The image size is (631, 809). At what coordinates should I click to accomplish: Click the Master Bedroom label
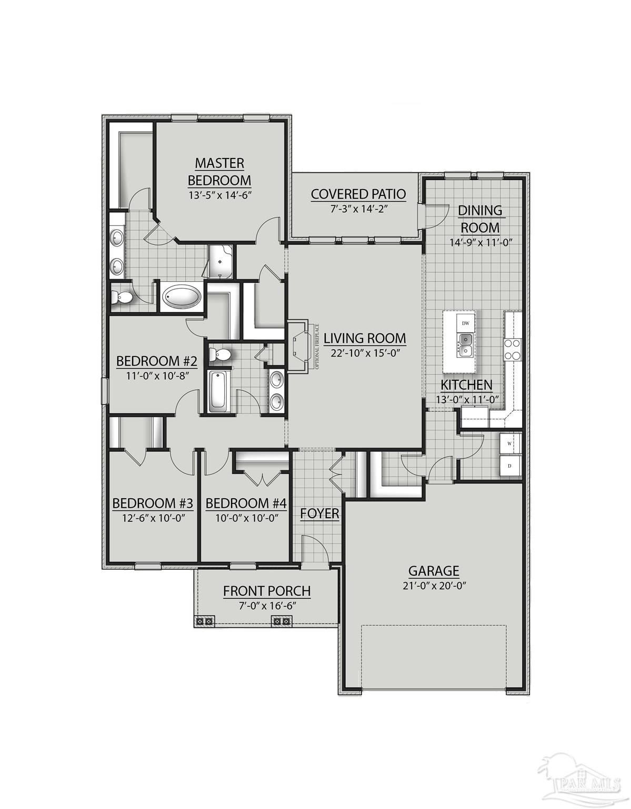click(x=219, y=171)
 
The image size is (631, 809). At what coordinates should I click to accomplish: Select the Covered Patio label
click(x=358, y=194)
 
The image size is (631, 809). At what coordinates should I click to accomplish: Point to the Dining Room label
click(x=480, y=219)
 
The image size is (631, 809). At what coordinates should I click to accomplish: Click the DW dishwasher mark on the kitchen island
click(x=465, y=323)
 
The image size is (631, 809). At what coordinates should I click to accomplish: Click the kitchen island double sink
click(x=465, y=344)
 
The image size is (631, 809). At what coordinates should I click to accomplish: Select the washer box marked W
click(x=509, y=443)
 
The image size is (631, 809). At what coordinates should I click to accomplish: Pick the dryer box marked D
click(x=509, y=466)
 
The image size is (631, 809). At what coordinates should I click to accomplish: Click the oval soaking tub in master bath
click(x=181, y=297)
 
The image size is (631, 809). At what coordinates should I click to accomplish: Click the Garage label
click(x=434, y=570)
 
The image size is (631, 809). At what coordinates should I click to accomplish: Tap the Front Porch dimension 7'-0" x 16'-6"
click(x=266, y=605)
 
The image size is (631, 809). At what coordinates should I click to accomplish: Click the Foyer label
click(x=319, y=513)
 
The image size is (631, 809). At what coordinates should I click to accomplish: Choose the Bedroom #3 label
click(x=153, y=503)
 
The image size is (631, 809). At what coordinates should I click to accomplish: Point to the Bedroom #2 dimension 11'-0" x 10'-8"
click(x=156, y=376)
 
